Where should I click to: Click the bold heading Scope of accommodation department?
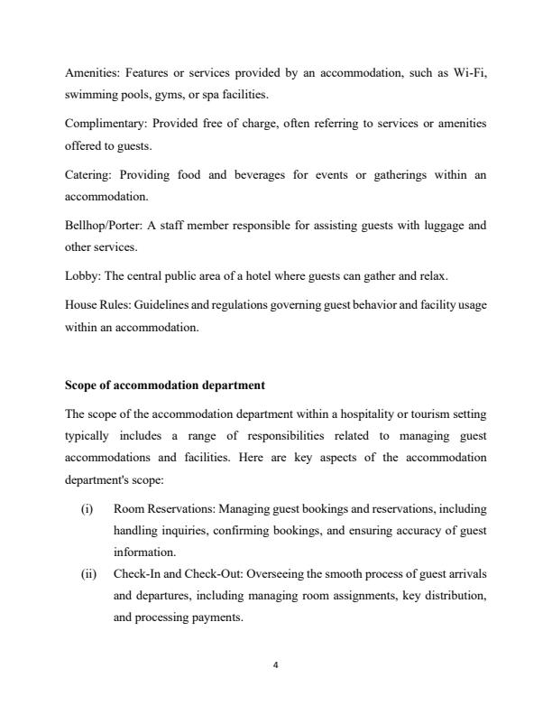[164, 385]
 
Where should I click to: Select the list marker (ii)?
[87, 572]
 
